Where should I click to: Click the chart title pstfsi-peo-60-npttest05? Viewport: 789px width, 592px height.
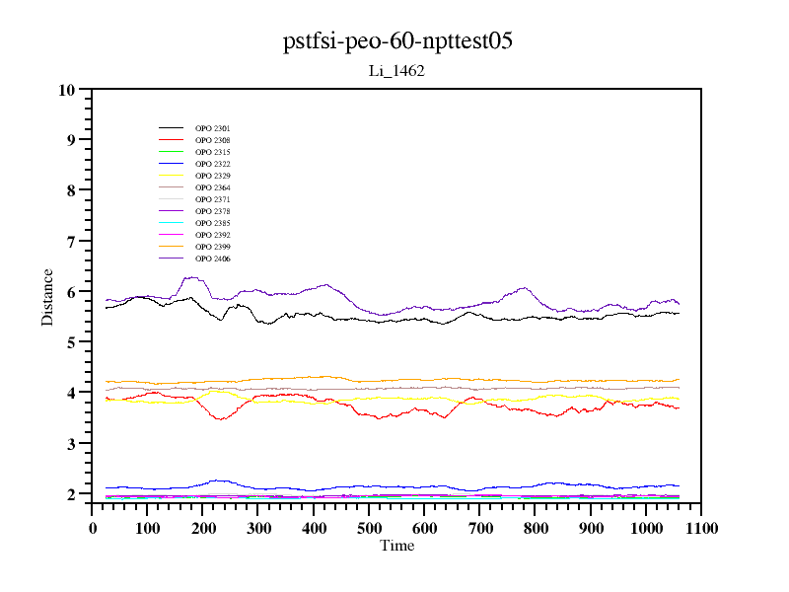pyautogui.click(x=397, y=41)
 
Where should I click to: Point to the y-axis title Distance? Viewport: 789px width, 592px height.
pyautogui.click(x=47, y=297)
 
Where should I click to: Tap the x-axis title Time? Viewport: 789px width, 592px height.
pyautogui.click(x=396, y=546)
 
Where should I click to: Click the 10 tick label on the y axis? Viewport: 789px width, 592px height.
pyautogui.click(x=67, y=90)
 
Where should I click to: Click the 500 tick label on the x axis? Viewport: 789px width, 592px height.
pyautogui.click(x=369, y=528)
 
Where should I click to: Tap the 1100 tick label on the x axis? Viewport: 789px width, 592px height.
pyautogui.click(x=700, y=528)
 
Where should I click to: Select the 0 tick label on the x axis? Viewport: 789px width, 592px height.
pyautogui.click(x=93, y=528)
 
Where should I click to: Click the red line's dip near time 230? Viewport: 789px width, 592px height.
pyautogui.click(x=221, y=419)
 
